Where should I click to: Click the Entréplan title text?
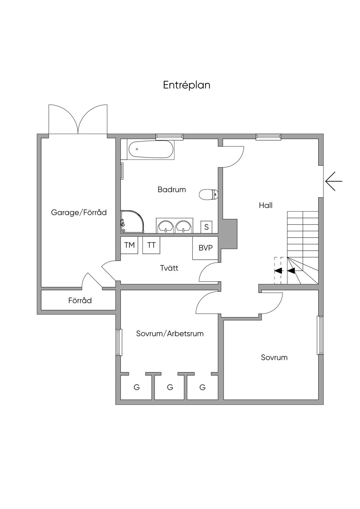(x=187, y=85)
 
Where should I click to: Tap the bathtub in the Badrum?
(x=151, y=150)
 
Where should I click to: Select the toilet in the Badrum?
(x=208, y=194)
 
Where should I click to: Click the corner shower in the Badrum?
(x=131, y=221)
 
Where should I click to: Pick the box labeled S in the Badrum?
(x=206, y=227)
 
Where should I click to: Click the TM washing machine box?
(x=129, y=245)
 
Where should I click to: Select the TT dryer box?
(x=151, y=245)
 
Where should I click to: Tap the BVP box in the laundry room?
(x=205, y=248)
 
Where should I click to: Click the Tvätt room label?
(x=169, y=268)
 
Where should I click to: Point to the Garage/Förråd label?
(x=79, y=212)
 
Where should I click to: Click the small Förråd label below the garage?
(x=80, y=300)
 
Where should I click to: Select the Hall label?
(x=265, y=205)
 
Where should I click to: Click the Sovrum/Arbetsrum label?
(x=170, y=334)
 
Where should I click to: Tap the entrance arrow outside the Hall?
(x=334, y=181)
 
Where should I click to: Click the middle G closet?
(x=170, y=387)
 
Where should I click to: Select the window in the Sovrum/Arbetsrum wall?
(x=119, y=342)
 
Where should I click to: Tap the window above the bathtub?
(x=169, y=136)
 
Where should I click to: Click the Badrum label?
(x=172, y=190)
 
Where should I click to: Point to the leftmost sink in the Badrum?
(x=165, y=226)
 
